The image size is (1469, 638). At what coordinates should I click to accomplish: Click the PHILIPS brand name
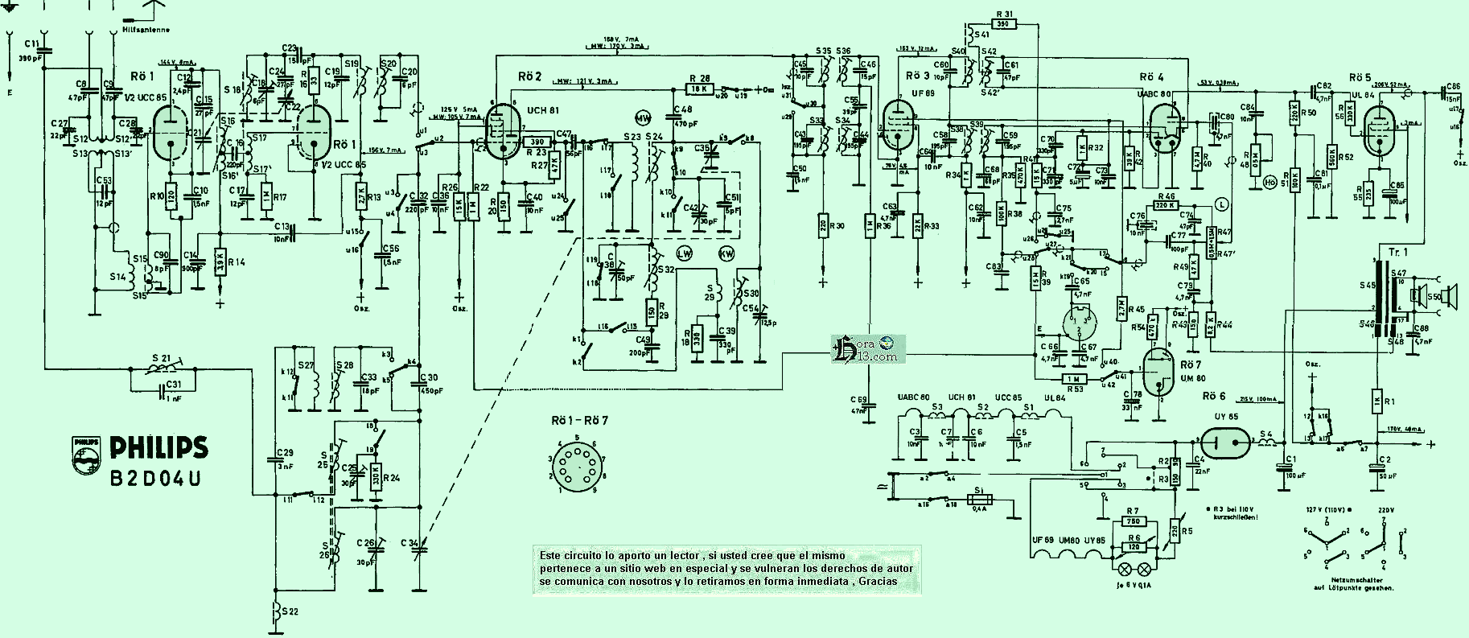pos(158,448)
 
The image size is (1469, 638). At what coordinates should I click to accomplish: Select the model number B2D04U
pos(155,478)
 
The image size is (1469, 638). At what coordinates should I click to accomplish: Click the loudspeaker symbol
pos(1446,297)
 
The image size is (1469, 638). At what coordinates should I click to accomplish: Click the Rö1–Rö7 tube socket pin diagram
pos(576,465)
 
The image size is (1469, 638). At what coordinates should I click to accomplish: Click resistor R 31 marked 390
pos(1003,24)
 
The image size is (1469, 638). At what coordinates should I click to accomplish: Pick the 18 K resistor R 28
pos(699,88)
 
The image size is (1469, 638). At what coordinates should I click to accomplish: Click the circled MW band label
pos(643,117)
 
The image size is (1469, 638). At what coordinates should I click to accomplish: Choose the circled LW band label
pos(685,253)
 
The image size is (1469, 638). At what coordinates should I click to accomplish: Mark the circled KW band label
pos(726,253)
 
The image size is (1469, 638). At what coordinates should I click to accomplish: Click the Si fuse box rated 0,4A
pos(978,500)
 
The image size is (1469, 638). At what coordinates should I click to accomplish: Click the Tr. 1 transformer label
pos(1398,253)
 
